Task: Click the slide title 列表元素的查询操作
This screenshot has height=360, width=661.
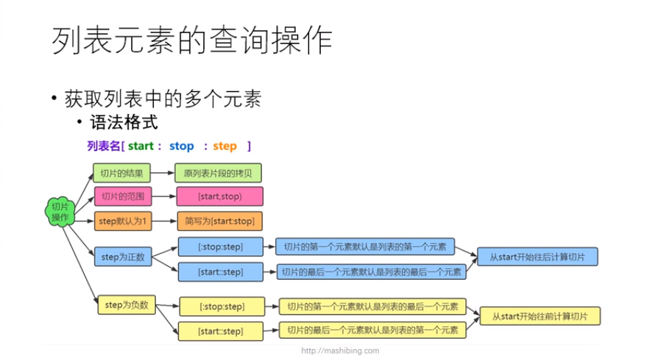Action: tap(192, 41)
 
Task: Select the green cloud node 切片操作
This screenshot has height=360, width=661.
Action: tap(60, 212)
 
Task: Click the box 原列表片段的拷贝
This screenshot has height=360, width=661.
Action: tap(218, 174)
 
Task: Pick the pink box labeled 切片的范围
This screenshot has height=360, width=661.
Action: tap(121, 197)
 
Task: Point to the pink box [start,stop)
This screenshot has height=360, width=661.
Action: tap(219, 197)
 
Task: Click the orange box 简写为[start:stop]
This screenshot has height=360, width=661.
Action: tap(219, 220)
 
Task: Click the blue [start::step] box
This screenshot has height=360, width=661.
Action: tap(220, 272)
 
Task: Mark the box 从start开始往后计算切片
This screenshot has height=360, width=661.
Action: tap(537, 257)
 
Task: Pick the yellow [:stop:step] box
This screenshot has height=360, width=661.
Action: tap(222, 306)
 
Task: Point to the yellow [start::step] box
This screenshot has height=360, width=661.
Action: tap(222, 331)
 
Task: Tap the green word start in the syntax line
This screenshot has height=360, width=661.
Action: tap(141, 146)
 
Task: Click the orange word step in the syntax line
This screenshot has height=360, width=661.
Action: tap(225, 146)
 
